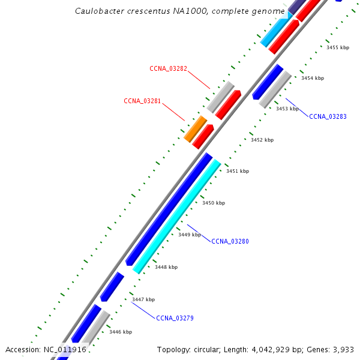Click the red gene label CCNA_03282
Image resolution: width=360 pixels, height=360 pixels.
click(169, 68)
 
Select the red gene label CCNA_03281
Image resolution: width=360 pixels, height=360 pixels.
click(142, 101)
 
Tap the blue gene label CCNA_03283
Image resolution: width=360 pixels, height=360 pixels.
click(328, 116)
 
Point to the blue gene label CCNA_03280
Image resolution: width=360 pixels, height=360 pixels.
click(230, 241)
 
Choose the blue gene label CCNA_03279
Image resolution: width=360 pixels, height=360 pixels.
click(175, 318)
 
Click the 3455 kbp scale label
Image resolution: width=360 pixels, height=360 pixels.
click(338, 47)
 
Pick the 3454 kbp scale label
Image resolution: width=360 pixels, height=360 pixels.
click(313, 78)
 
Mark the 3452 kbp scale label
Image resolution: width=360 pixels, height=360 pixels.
click(262, 140)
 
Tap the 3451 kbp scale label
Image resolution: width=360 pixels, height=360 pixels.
click(238, 171)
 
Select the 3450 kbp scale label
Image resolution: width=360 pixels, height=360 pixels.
click(214, 203)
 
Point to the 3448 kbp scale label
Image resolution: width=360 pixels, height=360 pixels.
click(166, 266)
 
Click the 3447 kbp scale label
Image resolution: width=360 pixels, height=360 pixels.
click(143, 299)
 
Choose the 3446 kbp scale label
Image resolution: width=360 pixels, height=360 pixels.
click(121, 331)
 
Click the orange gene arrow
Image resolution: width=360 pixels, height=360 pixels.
click(196, 130)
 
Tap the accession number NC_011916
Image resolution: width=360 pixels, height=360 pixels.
click(65, 349)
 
